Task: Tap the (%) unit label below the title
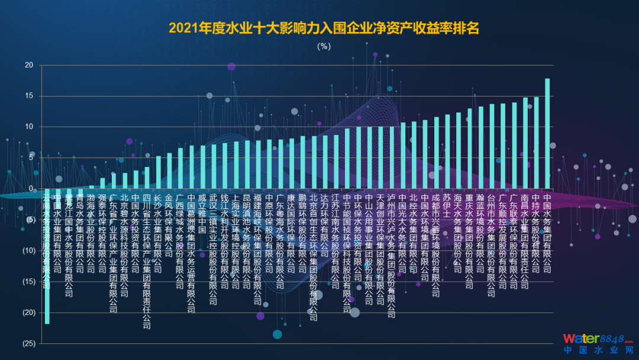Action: [324, 46]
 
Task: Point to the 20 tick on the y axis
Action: [29, 65]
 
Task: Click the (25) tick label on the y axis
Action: [27, 343]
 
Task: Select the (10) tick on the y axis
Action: [27, 250]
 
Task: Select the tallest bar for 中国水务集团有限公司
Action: [547, 133]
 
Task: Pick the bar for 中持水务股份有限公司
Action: [536, 143]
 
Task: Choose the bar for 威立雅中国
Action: [203, 167]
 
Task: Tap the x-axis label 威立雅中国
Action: [203, 213]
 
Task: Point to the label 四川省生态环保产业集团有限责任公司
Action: [147, 261]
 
